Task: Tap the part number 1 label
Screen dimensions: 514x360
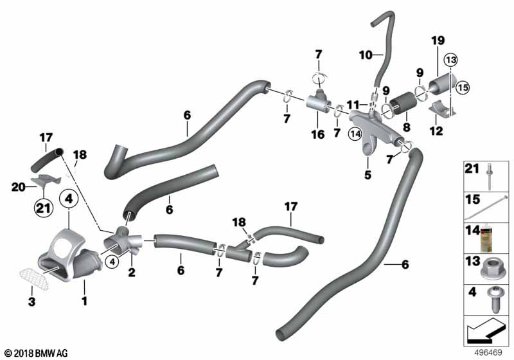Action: pyautogui.click(x=84, y=300)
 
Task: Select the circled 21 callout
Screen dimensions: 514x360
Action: pyautogui.click(x=44, y=208)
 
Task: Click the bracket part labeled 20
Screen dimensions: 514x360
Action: pyautogui.click(x=46, y=180)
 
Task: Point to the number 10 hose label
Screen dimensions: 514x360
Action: pyautogui.click(x=366, y=55)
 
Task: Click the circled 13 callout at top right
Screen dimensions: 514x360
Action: pyautogui.click(x=451, y=60)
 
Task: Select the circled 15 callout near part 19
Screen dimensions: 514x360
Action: pyautogui.click(x=463, y=87)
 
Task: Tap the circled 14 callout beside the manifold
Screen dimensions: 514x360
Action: pyautogui.click(x=355, y=134)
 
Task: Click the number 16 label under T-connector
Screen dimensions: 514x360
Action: pyautogui.click(x=317, y=134)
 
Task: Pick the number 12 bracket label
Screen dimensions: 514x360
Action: pyautogui.click(x=436, y=130)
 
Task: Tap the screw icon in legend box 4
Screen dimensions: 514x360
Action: pyautogui.click(x=494, y=300)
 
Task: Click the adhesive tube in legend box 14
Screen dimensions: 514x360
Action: pyautogui.click(x=488, y=238)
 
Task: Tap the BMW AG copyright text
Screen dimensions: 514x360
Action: pyautogui.click(x=37, y=353)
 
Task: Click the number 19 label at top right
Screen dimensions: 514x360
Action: pyautogui.click(x=438, y=40)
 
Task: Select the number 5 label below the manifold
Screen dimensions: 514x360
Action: pyautogui.click(x=368, y=175)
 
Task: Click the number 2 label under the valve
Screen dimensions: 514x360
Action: pyautogui.click(x=132, y=272)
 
